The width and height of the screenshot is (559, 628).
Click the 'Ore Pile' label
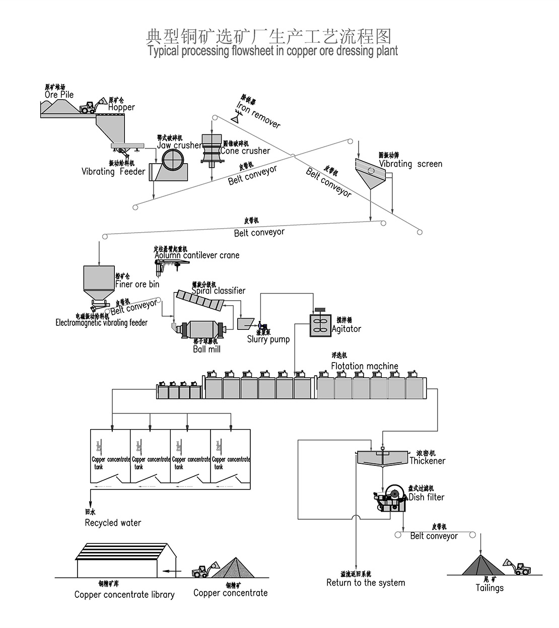point(59,95)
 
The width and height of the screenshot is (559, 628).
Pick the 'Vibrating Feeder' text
point(113,172)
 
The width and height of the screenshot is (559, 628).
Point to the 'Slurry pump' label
point(268,339)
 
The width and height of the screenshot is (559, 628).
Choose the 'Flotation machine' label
point(365,366)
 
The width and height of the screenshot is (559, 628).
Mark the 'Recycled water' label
point(113,523)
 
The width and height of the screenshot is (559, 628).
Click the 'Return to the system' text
point(366,583)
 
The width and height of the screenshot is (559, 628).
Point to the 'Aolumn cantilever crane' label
point(197,255)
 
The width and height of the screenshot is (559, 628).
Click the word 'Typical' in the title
point(163,51)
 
